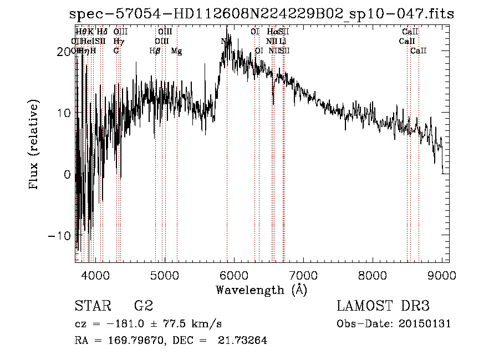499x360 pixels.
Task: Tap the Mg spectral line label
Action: point(176,51)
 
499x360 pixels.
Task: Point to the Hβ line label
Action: point(155,51)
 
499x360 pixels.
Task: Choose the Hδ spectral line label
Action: point(102,32)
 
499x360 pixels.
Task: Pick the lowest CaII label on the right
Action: point(419,51)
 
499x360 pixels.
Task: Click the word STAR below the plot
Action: point(91,306)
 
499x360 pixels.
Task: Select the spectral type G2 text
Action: point(143,306)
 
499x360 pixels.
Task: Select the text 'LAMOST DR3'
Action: point(383,306)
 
